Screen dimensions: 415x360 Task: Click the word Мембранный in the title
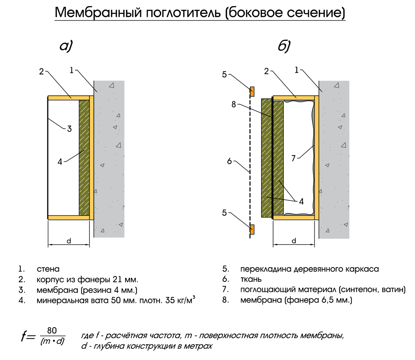coord(98,12)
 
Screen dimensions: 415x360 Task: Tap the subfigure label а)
coord(66,46)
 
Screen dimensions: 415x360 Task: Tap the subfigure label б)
coord(284,46)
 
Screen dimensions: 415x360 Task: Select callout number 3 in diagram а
coord(70,129)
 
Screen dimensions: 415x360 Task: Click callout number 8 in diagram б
coord(234,104)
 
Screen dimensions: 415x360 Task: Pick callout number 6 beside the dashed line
coord(229,161)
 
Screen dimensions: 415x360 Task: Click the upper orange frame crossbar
coord(252,92)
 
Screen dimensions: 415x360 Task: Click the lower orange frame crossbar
coord(252,229)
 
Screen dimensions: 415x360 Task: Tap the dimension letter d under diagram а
coord(69,241)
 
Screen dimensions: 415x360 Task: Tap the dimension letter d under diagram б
coord(294,241)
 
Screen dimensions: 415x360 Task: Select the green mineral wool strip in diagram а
coord(84,158)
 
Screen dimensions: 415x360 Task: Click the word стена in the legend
coord(48,269)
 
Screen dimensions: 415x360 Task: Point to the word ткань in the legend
coord(251,280)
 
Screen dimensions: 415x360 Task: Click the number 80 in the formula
coord(52,331)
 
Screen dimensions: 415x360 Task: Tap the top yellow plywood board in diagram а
coord(69,98)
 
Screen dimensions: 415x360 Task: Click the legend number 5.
coord(225,269)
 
